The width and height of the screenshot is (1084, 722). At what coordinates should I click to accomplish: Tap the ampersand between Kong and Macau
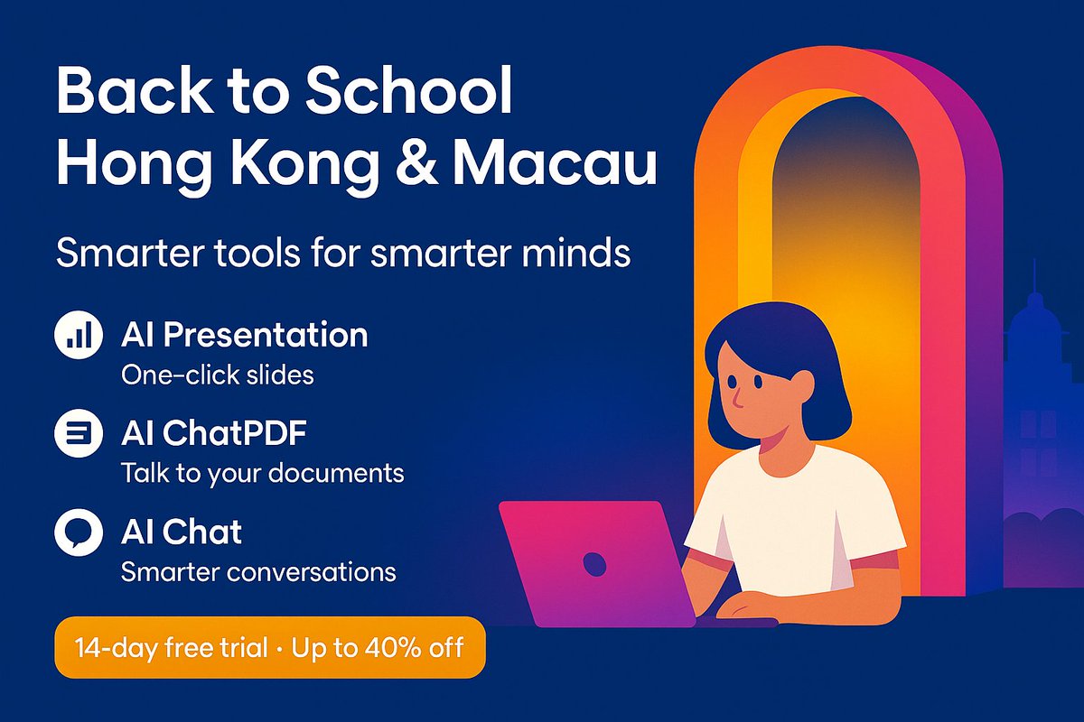click(409, 167)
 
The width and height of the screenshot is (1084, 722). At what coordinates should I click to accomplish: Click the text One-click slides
click(217, 375)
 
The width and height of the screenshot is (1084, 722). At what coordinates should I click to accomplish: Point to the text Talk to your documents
click(262, 473)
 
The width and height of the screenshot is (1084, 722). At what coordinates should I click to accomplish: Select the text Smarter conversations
click(258, 571)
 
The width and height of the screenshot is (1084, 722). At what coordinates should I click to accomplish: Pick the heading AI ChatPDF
click(213, 434)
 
